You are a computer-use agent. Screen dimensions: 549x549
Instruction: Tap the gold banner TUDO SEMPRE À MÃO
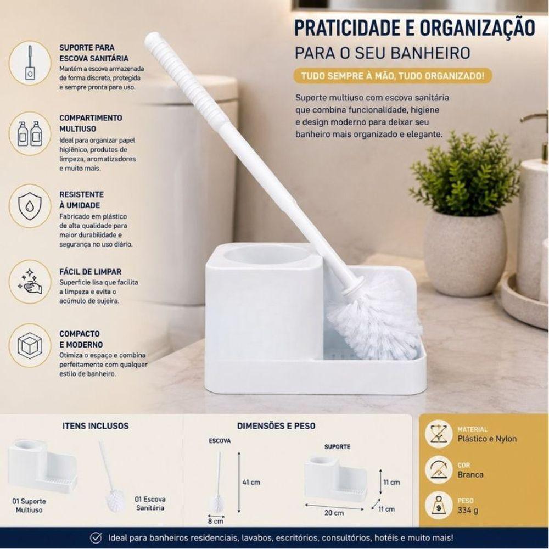(x=393, y=76)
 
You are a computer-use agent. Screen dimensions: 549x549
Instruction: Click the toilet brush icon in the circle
(x=30, y=63)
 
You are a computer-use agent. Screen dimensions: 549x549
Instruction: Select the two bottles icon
(x=30, y=133)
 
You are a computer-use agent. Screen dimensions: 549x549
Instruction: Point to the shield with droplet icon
(x=30, y=206)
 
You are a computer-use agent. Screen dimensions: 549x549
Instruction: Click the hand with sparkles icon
(x=30, y=282)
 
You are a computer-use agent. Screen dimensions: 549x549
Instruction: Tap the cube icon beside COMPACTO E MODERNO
(x=30, y=345)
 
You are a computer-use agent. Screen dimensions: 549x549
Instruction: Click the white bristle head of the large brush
(x=374, y=321)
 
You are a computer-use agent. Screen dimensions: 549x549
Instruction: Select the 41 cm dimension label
(x=251, y=483)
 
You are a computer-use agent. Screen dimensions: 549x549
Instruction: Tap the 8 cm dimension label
(x=215, y=522)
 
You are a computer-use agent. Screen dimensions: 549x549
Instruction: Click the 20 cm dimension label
(x=334, y=513)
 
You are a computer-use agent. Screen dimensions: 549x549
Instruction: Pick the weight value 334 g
(x=467, y=510)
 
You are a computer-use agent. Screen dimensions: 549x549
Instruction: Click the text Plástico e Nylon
(x=486, y=439)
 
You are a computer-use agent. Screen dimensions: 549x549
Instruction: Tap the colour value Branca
(x=470, y=475)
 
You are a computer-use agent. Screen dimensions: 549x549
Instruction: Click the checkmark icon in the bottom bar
(x=96, y=538)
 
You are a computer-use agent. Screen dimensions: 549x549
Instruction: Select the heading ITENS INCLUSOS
(x=95, y=426)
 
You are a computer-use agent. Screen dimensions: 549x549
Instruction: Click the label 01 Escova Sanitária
(x=150, y=503)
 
